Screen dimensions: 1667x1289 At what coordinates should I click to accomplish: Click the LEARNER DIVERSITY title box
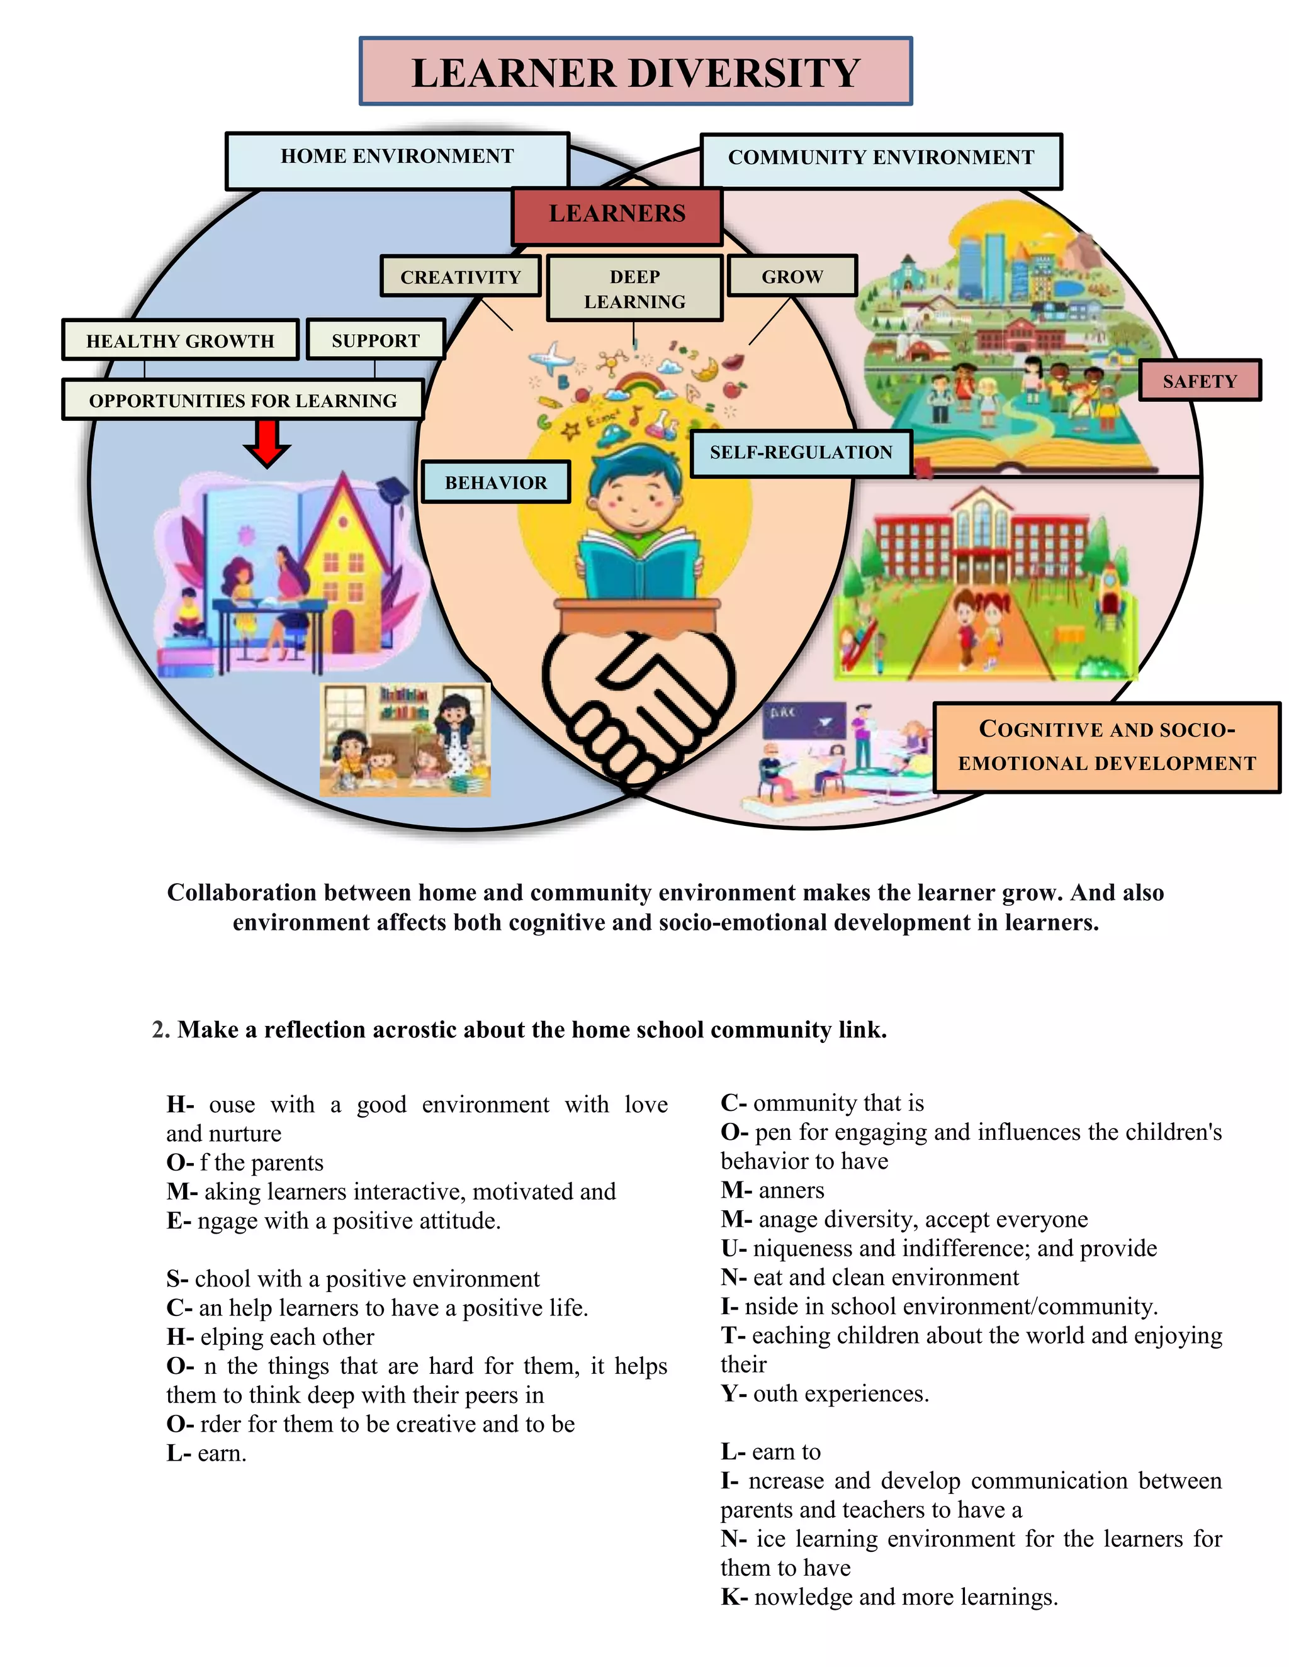635,72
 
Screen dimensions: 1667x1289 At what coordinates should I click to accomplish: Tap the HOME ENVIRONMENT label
397,160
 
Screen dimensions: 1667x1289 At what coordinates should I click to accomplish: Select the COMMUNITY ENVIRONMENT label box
881,160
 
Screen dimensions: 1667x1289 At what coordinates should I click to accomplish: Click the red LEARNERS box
617,215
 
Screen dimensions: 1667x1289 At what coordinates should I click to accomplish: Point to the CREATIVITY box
461,276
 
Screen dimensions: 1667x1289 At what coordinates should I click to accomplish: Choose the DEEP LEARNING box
634,289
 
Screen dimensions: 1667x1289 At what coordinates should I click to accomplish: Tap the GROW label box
792,276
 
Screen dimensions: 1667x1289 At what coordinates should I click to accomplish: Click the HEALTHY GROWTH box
180,340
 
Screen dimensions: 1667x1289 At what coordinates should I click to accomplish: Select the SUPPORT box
376,340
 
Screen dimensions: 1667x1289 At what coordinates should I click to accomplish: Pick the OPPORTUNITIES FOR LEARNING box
243,400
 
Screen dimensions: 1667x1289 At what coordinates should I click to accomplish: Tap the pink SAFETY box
1199,380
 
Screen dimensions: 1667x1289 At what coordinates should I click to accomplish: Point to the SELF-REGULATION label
801,453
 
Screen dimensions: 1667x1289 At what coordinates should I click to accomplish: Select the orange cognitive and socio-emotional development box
1106,747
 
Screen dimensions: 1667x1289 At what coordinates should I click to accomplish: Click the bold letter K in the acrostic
730,1597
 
